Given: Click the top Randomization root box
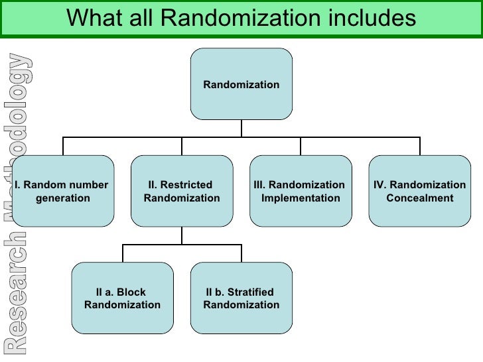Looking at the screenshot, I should (241, 84).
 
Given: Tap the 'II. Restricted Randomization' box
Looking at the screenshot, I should (182, 191).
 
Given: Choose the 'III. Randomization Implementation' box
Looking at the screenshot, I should (301, 191).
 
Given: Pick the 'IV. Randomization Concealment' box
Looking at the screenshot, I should (419, 191).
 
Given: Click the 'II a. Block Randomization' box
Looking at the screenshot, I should (122, 298).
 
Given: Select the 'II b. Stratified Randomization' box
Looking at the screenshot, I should (241, 298).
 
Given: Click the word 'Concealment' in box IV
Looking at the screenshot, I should (419, 198).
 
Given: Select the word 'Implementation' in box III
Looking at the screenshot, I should (301, 198).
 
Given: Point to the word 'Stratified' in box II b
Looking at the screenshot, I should (249, 292).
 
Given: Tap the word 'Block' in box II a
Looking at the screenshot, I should (131, 292).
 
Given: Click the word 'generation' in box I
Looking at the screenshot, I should (62, 198).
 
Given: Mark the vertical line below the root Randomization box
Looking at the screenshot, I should (241, 128).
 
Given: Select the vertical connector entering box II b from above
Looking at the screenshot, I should (241, 253).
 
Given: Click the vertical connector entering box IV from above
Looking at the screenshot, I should (419, 146).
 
